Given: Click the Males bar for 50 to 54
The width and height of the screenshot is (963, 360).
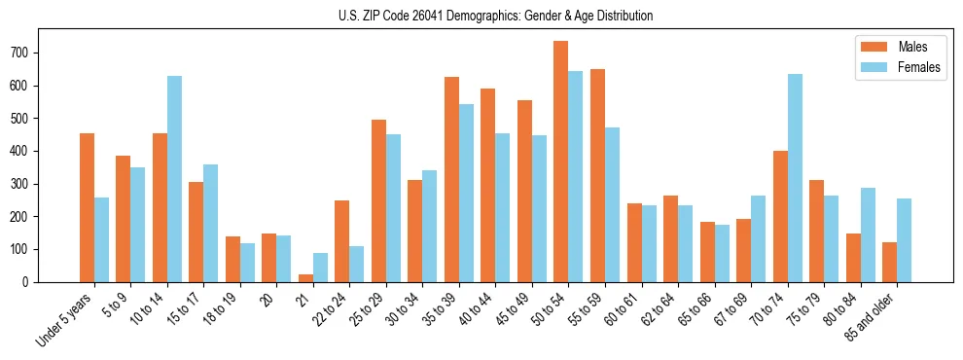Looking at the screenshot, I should click(x=561, y=162).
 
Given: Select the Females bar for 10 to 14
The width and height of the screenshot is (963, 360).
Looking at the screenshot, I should click(x=174, y=179).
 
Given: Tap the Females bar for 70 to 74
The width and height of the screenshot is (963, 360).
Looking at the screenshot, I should click(x=795, y=178).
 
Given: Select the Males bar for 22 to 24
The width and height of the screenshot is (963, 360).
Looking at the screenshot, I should click(x=342, y=241).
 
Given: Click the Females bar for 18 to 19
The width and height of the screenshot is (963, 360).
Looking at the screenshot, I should click(x=247, y=263).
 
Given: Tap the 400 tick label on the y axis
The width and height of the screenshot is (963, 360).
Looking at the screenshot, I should click(x=28, y=151).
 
